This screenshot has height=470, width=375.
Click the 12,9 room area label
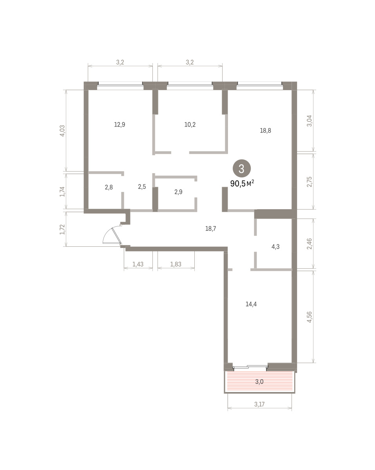[x=120, y=125]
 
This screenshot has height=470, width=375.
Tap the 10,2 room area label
[x=190, y=125]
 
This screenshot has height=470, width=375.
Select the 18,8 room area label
[x=265, y=130]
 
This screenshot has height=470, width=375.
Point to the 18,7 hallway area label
[x=210, y=228]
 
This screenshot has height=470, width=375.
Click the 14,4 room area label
[x=251, y=304]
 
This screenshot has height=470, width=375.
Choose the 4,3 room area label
[x=275, y=247]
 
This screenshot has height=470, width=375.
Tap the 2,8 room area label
[x=109, y=187]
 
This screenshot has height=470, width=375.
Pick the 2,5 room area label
[x=142, y=187]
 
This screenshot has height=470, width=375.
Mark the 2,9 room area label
[x=178, y=192]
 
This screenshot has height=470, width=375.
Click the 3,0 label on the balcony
[x=259, y=381]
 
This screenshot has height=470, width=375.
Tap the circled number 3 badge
[x=241, y=168]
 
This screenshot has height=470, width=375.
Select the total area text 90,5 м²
[x=242, y=183]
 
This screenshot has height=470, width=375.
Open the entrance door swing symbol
[x=112, y=235]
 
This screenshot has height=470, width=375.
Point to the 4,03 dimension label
[x=62, y=130]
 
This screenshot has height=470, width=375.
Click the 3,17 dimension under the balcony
[x=259, y=404]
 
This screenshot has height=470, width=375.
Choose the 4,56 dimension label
[x=310, y=317]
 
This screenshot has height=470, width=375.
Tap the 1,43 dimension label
[x=138, y=264]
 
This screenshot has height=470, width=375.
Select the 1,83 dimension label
[x=176, y=264]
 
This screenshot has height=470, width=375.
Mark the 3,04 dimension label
[x=310, y=121]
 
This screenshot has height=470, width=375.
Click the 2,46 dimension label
[x=310, y=244]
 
